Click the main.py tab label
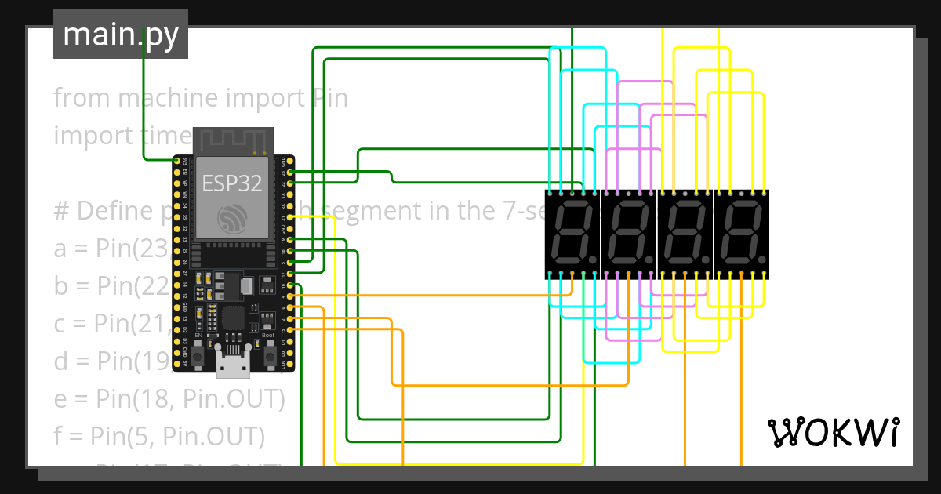[x=120, y=35]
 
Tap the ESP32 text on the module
[x=231, y=183]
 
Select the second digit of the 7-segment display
[x=629, y=234]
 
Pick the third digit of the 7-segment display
[x=685, y=234]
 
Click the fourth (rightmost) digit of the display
[x=742, y=234]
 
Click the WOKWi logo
[x=832, y=432]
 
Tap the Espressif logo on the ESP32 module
[x=232, y=218]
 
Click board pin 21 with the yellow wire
[x=291, y=216]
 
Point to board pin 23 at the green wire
[x=291, y=172]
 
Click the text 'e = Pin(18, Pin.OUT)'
[x=169, y=399]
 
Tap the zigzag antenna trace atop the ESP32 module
[x=232, y=140]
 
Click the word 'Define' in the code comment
[x=114, y=211]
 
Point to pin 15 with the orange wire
[x=291, y=330]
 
